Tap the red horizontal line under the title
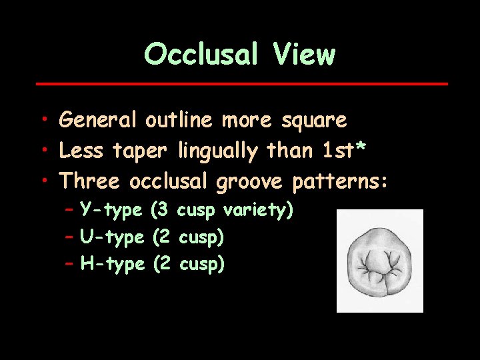(x=241, y=84)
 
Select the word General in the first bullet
(x=98, y=120)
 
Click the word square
(x=313, y=120)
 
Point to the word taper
(x=141, y=151)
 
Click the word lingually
(x=218, y=151)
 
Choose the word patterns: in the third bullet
(x=340, y=181)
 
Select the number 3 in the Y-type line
(x=160, y=211)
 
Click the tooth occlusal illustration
(x=379, y=261)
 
